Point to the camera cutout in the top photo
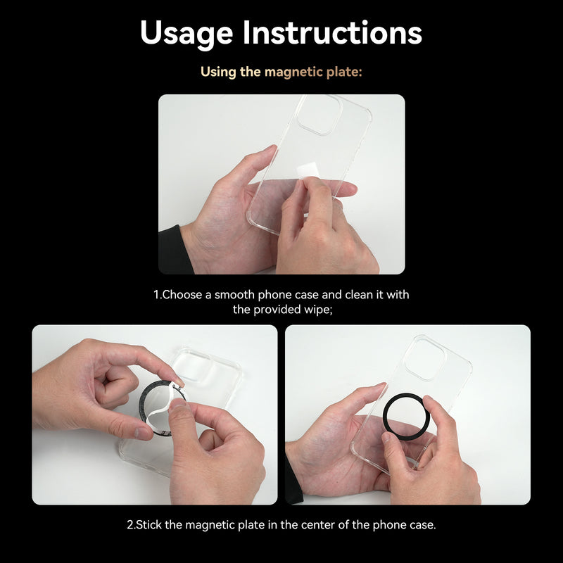pos(319,114)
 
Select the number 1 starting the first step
pos(156,295)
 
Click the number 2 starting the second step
pos(129,525)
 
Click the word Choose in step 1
pos(181,295)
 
